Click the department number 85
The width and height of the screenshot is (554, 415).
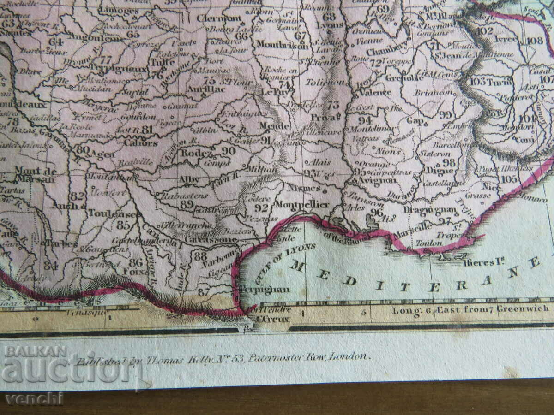click(x=123, y=225)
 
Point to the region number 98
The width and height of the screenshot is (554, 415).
click(x=449, y=162)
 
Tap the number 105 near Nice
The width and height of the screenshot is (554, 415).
click(x=509, y=178)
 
